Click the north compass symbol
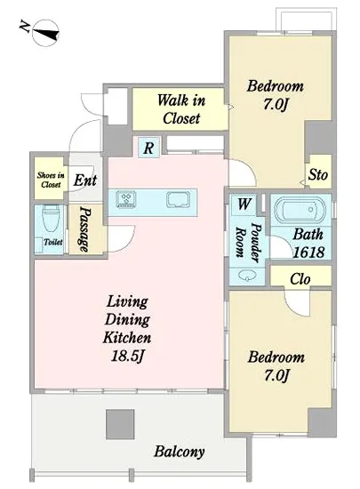(x=45, y=33)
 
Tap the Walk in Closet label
(x=181, y=109)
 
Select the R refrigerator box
(x=148, y=148)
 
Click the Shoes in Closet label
(x=51, y=180)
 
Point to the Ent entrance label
(x=85, y=180)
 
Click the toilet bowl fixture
(x=50, y=218)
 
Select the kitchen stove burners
(x=126, y=199)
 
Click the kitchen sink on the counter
(x=179, y=200)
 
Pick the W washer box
(x=244, y=204)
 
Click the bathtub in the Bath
(x=300, y=209)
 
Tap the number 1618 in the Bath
(x=308, y=253)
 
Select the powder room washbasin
(x=247, y=275)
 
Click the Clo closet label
(x=300, y=279)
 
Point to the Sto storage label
(x=318, y=174)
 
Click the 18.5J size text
(x=127, y=356)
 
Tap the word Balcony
(x=180, y=452)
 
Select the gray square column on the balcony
(x=120, y=424)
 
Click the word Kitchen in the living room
(x=127, y=338)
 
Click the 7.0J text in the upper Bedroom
(x=275, y=104)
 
